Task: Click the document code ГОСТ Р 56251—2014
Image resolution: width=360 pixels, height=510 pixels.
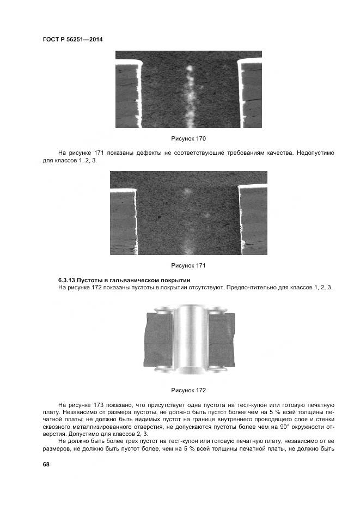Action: click(72, 39)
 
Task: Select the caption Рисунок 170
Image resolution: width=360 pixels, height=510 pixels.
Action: click(188, 139)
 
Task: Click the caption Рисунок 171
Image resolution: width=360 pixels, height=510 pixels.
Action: click(188, 265)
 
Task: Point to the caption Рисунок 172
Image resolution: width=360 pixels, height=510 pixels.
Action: click(188, 390)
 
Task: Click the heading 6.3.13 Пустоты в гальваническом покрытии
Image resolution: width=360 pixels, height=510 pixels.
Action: click(120, 280)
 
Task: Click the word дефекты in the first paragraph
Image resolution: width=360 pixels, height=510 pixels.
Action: click(144, 154)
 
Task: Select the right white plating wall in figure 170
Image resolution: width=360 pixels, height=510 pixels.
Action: click(240, 90)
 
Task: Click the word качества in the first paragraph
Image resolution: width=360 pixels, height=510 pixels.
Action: click(279, 154)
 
